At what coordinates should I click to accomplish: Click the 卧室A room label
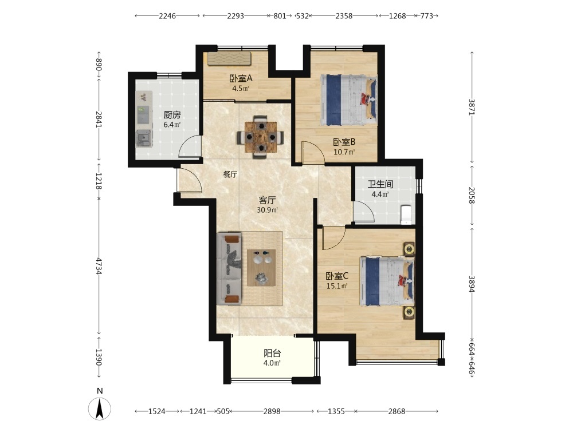241,78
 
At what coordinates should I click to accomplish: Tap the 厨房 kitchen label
172,116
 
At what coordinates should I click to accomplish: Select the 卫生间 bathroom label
380,184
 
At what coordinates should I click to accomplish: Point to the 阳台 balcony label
272,353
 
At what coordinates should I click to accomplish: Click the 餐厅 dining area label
230,174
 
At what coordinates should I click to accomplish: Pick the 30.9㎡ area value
267,210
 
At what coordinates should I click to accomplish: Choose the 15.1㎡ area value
336,286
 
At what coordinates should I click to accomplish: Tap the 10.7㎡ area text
344,152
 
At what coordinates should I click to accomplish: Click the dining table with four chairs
260,137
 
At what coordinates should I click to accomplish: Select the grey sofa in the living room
230,269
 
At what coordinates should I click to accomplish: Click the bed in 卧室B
348,100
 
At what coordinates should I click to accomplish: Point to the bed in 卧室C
387,281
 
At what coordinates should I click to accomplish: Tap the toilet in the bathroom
406,215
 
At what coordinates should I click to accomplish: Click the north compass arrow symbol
99,408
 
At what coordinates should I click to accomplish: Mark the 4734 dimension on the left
99,266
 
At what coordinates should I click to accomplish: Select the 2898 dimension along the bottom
272,411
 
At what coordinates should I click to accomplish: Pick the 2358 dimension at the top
344,15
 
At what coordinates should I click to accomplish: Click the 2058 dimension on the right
472,195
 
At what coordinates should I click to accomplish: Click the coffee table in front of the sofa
261,268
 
